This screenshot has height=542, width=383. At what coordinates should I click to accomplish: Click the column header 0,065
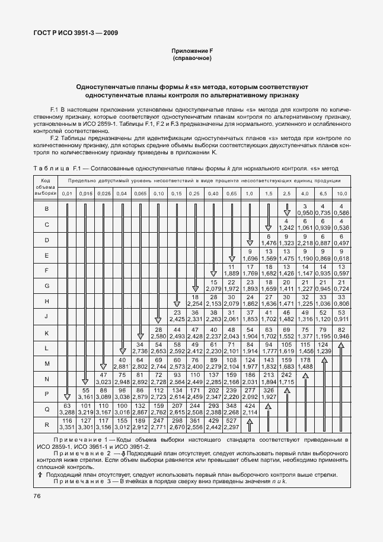[x=141, y=194]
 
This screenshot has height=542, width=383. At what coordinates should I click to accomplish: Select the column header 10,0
[x=342, y=194]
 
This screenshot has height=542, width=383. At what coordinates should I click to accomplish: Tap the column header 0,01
[x=67, y=194]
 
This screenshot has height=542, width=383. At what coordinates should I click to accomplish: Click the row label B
[x=46, y=209]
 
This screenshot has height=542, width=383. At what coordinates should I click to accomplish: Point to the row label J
[x=46, y=317]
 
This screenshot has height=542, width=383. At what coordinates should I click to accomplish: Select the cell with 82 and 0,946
[x=342, y=332]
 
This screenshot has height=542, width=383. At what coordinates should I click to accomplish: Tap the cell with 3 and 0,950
[x=305, y=209]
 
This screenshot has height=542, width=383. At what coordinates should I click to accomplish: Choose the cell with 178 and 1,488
[x=305, y=363]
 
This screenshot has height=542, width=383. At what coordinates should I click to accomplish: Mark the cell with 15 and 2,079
[x=213, y=286]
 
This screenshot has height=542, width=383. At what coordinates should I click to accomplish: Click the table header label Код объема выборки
[x=46, y=186]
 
